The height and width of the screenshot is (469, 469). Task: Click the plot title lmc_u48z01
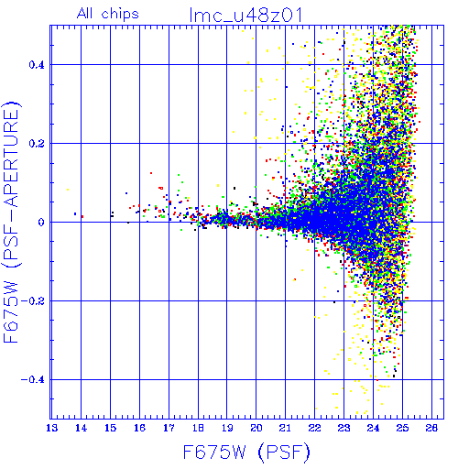(x=245, y=16)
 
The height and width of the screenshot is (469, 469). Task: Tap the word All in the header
(x=84, y=14)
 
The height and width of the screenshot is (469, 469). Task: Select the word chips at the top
(x=120, y=15)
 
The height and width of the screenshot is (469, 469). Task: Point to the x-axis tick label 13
(x=51, y=428)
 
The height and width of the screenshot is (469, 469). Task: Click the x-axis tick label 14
(x=81, y=428)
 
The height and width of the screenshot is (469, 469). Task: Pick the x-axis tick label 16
(x=139, y=428)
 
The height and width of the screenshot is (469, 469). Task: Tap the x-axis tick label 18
(x=198, y=428)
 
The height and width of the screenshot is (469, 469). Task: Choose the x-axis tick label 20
(x=256, y=428)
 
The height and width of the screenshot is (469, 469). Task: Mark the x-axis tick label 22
(x=315, y=428)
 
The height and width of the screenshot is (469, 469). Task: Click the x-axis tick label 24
(x=373, y=428)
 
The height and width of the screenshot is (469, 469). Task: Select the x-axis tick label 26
(x=431, y=428)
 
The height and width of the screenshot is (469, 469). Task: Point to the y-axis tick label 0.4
(x=37, y=65)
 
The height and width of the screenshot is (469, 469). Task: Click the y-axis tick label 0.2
(x=37, y=144)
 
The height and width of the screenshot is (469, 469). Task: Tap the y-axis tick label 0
(x=41, y=223)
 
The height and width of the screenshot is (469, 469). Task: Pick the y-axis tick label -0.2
(x=33, y=301)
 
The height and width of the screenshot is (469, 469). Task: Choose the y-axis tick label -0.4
(x=33, y=380)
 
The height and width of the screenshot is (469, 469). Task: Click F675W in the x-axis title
(x=214, y=453)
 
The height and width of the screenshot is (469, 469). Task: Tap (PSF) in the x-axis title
(x=284, y=453)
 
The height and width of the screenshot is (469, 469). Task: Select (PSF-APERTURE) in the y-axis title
(x=12, y=184)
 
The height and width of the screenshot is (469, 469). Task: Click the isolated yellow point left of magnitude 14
(x=68, y=190)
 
